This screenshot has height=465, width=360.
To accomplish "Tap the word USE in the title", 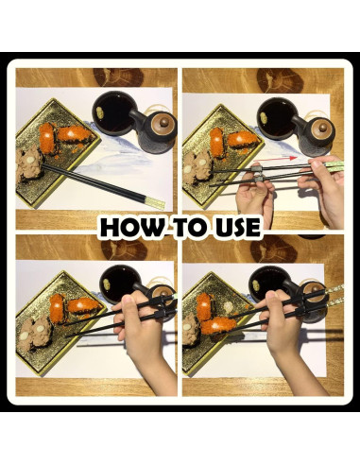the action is click(x=238, y=227).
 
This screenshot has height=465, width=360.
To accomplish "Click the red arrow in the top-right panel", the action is click(x=275, y=159).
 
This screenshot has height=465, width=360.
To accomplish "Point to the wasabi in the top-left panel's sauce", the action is click(x=100, y=112).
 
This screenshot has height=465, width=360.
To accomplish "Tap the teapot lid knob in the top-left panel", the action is click(x=163, y=121).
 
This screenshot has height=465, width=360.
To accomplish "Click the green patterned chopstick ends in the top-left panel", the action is click(x=155, y=201).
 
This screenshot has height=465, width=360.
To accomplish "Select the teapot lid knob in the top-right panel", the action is click(x=323, y=128).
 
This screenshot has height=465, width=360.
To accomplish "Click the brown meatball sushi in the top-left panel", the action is click(x=30, y=164).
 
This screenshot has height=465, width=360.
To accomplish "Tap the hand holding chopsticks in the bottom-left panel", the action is click(x=142, y=334).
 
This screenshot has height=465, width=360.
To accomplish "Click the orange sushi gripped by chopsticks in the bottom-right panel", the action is click(x=218, y=326).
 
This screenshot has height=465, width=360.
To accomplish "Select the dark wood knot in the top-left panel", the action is click(x=118, y=77).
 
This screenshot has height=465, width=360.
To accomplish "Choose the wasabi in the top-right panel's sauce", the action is click(x=264, y=118).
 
